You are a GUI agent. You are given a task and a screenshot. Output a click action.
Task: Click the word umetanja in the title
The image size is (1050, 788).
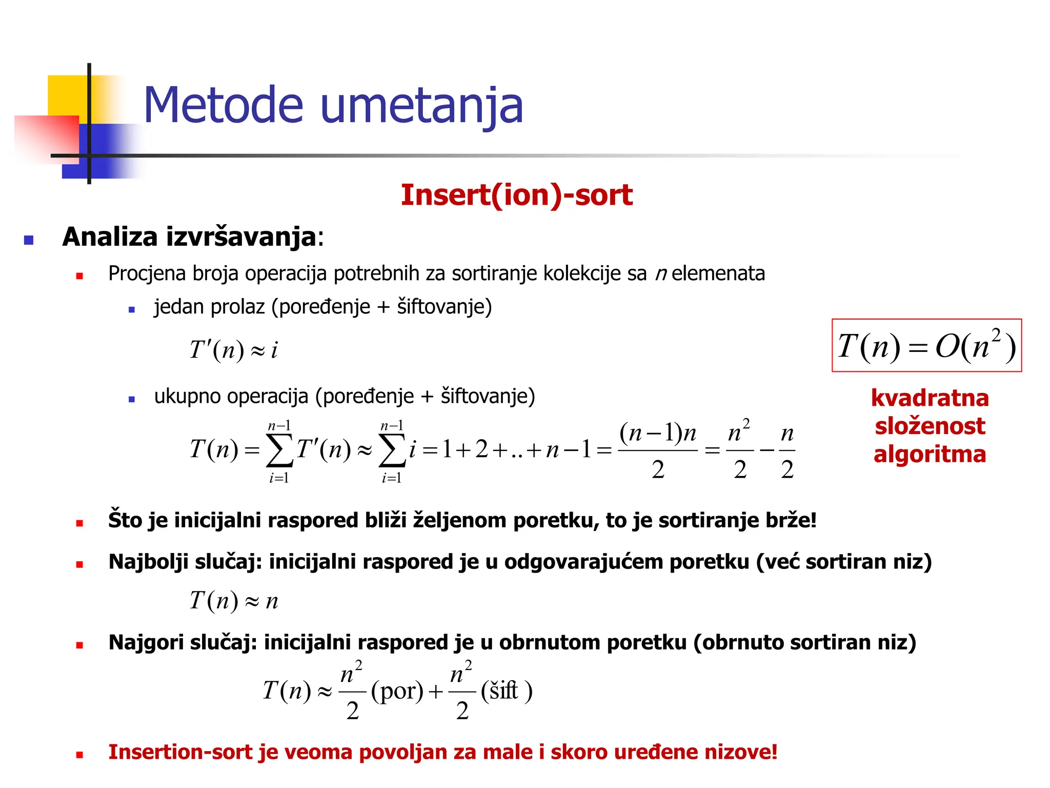click(x=421, y=107)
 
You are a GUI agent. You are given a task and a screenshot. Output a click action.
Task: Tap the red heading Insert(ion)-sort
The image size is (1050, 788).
click(x=516, y=195)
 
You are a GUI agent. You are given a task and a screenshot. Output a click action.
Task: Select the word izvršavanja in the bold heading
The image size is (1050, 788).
click(x=240, y=238)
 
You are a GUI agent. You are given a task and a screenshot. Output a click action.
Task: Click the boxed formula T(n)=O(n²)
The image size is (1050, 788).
click(x=926, y=345)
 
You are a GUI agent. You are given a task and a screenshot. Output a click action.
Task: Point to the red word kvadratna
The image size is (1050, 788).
click(x=930, y=398)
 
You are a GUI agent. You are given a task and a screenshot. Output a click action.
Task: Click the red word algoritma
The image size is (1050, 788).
click(x=930, y=455)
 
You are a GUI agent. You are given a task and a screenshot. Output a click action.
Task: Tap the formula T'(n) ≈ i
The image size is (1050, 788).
click(x=233, y=350)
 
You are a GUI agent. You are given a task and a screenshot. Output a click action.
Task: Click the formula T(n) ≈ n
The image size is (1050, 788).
click(x=233, y=600)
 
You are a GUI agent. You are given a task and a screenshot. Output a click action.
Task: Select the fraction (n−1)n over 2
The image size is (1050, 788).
click(x=658, y=450)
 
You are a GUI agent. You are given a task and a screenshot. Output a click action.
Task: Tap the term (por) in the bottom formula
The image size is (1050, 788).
click(x=397, y=691)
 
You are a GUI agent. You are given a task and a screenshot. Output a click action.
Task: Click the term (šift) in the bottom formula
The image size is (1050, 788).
click(x=507, y=691)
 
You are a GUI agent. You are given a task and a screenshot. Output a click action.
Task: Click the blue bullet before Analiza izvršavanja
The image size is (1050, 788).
click(x=29, y=240)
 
